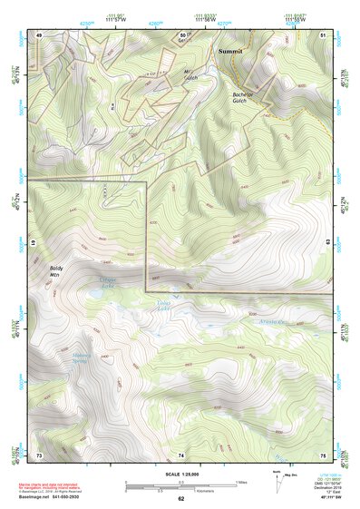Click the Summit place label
(231, 52)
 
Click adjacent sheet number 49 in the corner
(39, 34)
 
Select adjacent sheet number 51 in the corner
(323, 34)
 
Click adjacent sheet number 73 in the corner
(39, 454)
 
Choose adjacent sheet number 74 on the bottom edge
(180, 454)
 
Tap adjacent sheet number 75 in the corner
(323, 454)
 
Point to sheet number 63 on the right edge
(326, 243)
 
